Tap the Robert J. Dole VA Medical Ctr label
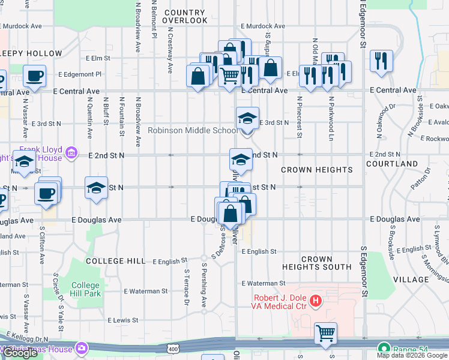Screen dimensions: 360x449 279,302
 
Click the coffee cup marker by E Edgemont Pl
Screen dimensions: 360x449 34,76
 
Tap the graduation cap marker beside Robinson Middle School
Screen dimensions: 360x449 247,118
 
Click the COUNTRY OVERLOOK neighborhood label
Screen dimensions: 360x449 184,16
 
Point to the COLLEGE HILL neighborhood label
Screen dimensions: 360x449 115,261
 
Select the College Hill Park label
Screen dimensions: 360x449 86,289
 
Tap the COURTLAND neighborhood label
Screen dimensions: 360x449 392,164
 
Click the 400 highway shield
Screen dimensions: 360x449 173,349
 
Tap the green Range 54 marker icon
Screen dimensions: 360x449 382,348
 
